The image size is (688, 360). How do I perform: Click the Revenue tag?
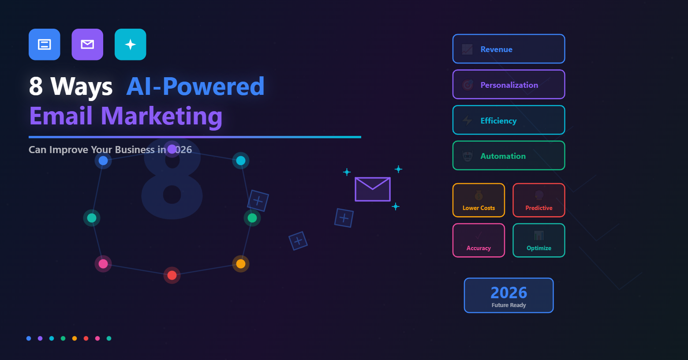509,49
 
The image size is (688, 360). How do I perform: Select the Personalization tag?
509,85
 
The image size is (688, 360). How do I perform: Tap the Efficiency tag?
509,120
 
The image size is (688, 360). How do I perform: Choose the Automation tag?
509,156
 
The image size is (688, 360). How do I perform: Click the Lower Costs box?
479,200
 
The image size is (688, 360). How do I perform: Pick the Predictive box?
538,200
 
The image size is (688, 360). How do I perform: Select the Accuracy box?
479,240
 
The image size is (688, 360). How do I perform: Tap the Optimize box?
538,240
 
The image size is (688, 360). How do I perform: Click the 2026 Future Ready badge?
509,296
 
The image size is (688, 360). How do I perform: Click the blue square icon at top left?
45,45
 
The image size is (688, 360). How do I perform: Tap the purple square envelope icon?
87,45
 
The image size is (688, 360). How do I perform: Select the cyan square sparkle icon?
131,45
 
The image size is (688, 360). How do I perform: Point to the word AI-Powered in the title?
195,86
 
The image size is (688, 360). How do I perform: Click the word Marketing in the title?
161,116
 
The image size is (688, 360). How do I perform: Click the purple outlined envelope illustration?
373,189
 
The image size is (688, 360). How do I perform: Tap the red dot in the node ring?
172,275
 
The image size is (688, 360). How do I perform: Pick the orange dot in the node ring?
241,264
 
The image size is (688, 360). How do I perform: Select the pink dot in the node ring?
103,264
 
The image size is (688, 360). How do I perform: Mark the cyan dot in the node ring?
241,161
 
